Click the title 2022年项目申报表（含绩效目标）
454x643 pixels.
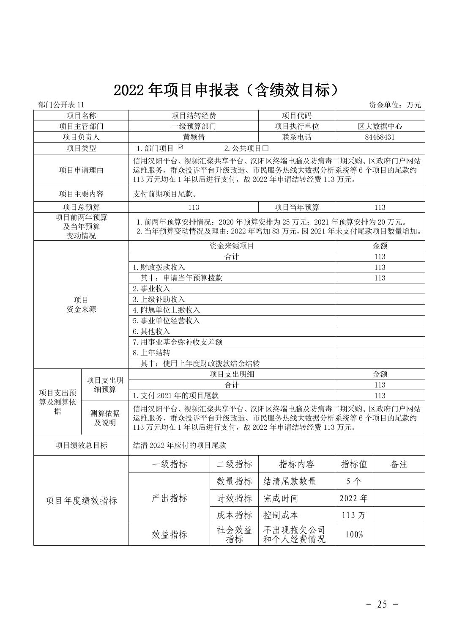[x=227, y=90]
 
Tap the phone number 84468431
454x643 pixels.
[x=379, y=137]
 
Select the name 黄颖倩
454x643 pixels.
[x=193, y=137]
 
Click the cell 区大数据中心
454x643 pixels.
[x=379, y=126]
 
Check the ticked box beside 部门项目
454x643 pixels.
[x=181, y=148]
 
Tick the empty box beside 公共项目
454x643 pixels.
[x=265, y=148]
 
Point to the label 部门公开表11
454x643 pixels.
[x=61, y=105]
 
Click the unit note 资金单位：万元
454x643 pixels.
[x=395, y=105]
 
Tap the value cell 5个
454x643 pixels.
[x=354, y=481]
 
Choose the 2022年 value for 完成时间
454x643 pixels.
[x=354, y=498]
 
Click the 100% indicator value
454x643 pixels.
[x=354, y=535]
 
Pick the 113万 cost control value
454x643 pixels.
[x=354, y=515]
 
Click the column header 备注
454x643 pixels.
[x=399, y=464]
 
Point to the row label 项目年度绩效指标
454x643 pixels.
[x=81, y=501]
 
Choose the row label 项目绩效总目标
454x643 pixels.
[x=81, y=445]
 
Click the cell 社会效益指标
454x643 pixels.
[x=234, y=535]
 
